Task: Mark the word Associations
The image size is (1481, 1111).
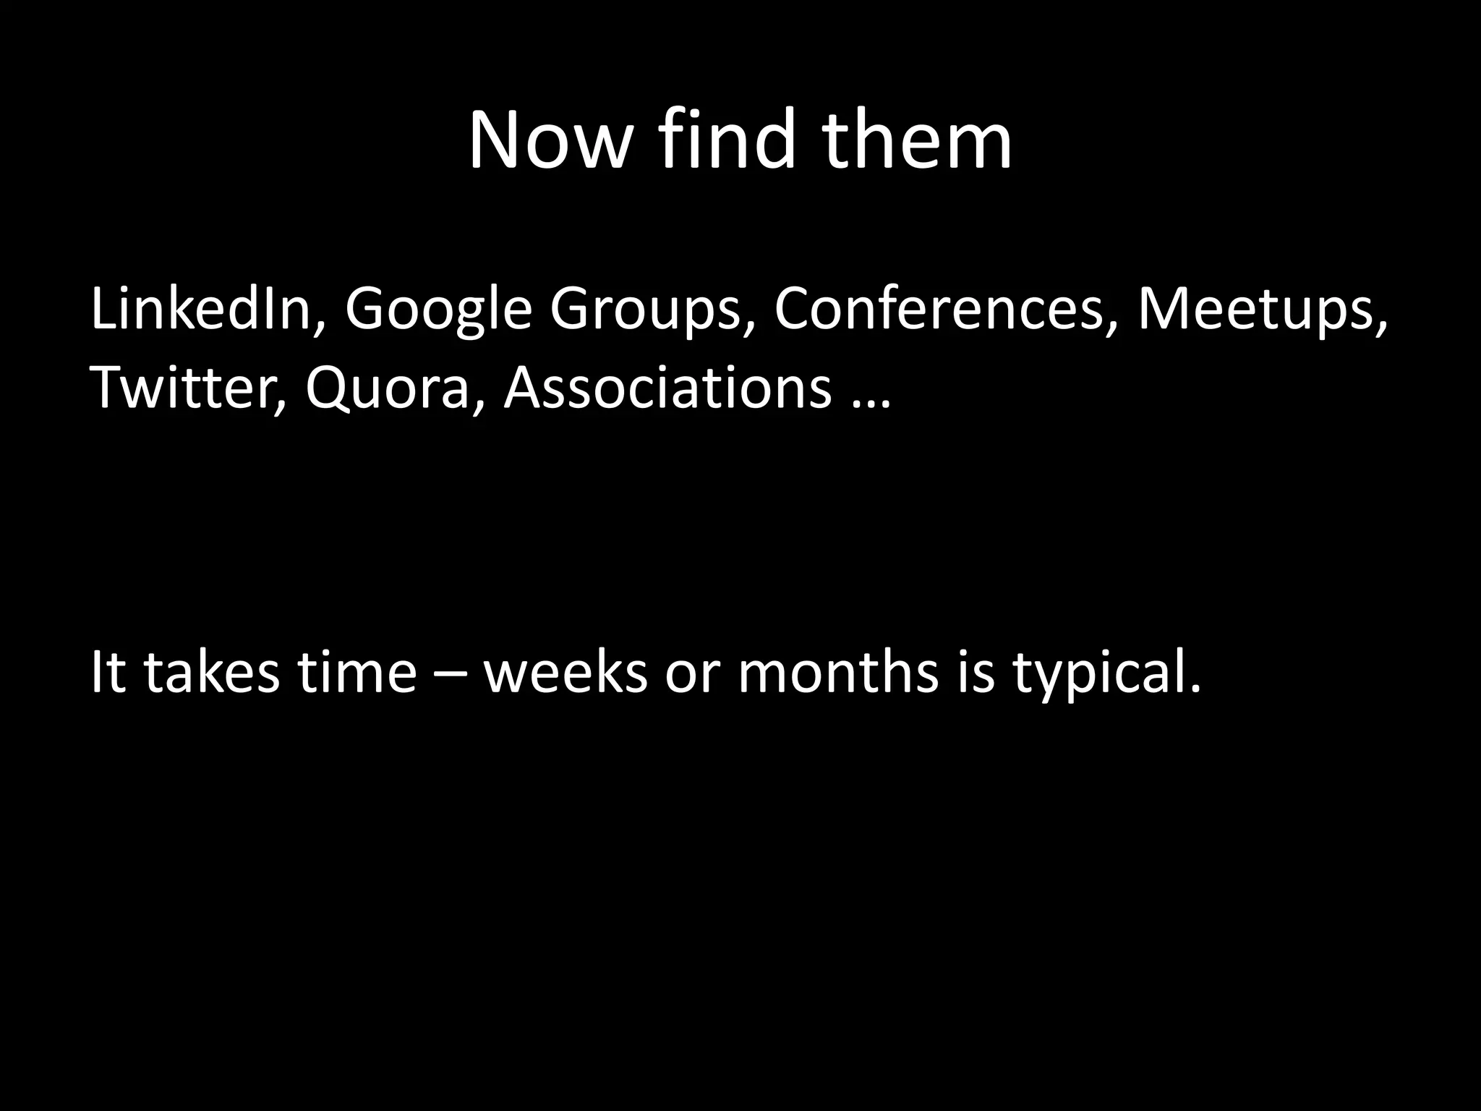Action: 667,387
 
